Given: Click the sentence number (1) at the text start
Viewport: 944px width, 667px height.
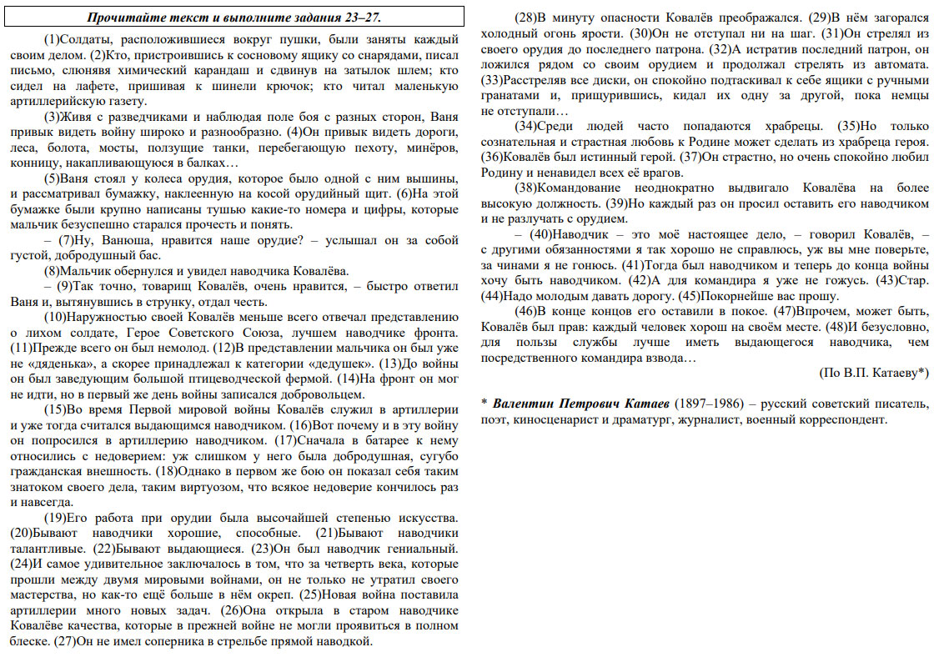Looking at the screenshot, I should coord(53,39).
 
